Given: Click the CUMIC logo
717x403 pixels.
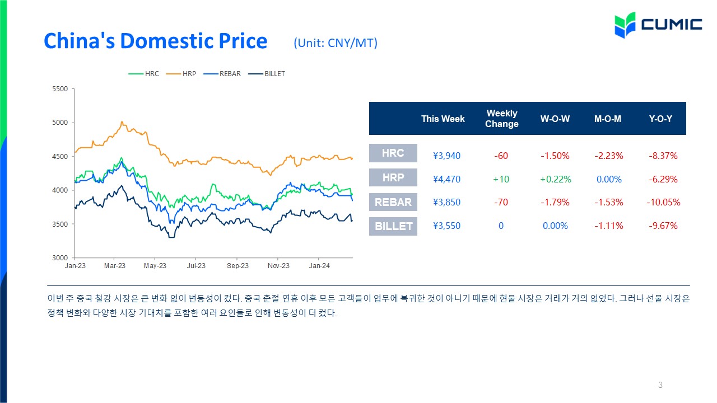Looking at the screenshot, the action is point(658,25).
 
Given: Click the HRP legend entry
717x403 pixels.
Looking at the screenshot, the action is point(181,74).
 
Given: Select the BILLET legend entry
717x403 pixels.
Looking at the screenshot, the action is point(267,74).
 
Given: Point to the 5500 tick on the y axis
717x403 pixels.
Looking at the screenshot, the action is point(60,89).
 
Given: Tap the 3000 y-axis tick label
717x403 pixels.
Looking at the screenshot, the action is point(60,258).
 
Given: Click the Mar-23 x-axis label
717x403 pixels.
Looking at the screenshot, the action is point(115,266).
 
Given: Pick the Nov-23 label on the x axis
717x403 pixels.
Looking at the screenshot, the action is point(278,266).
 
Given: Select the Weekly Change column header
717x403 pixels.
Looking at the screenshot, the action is point(501,118).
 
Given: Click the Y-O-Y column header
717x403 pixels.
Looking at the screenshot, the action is point(660,119).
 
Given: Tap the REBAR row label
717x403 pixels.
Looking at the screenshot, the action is point(393,202).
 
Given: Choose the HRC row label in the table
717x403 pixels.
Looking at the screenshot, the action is point(393,153).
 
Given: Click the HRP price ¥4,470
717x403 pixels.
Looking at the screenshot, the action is point(446,179).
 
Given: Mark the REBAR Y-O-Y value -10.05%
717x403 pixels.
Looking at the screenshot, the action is point(663,202).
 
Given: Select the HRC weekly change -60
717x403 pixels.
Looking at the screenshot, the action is point(501,156).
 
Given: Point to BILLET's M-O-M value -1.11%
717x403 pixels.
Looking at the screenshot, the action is point(609,226).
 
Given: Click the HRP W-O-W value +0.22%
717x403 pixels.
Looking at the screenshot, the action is point(556,179).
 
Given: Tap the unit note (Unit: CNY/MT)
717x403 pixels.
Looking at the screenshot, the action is point(336,43).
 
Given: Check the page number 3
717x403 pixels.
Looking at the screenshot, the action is point(660,385).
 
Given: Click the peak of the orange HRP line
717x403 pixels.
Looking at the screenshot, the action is point(122,122).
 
